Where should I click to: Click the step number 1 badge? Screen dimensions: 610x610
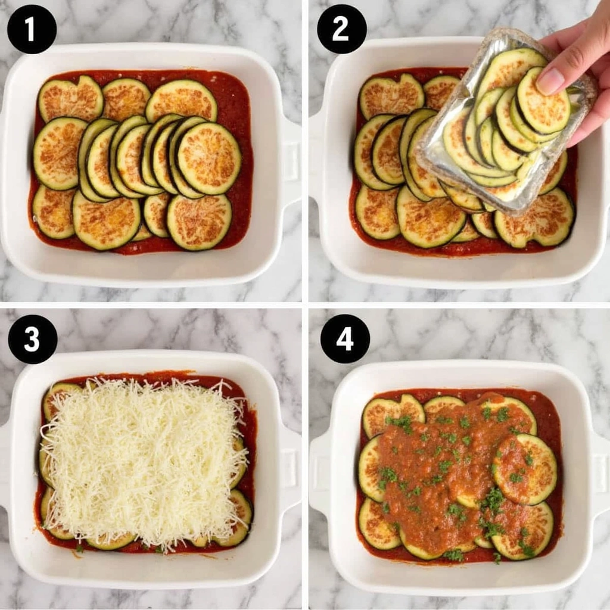pyautogui.click(x=32, y=29)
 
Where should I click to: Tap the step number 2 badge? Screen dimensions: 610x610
pyautogui.click(x=341, y=29)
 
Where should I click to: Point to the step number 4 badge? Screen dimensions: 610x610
pyautogui.click(x=345, y=339)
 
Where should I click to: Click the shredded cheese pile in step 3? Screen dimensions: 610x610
pyautogui.click(x=143, y=459)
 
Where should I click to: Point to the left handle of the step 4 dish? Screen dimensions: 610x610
pyautogui.click(x=319, y=471)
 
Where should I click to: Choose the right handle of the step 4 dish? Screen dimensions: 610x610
pyautogui.click(x=599, y=471)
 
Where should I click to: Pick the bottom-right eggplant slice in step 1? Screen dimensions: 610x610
pyautogui.click(x=199, y=222)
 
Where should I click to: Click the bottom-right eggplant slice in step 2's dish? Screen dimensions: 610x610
pyautogui.click(x=536, y=219)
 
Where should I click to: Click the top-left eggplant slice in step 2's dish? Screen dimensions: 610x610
pyautogui.click(x=390, y=97)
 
